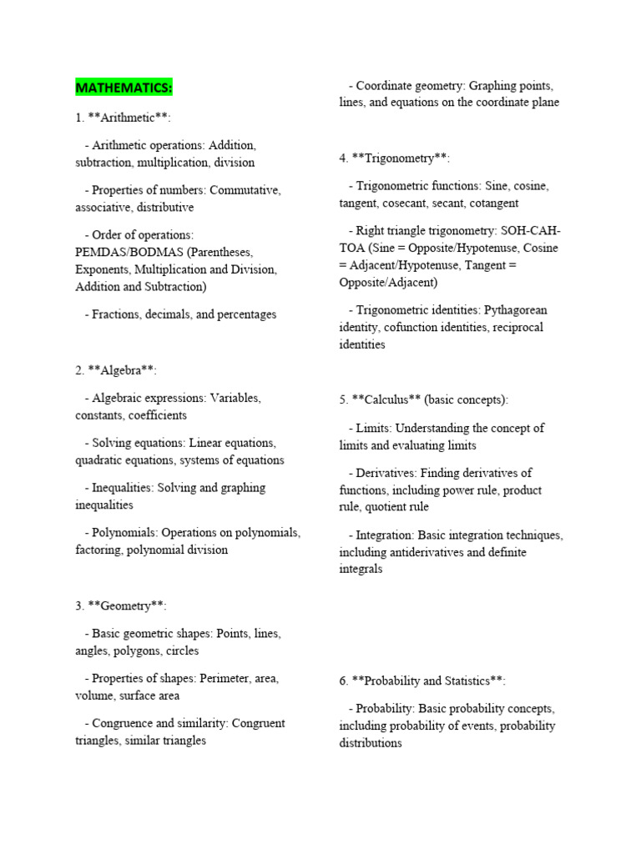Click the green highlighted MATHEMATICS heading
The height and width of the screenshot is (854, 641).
point(124,87)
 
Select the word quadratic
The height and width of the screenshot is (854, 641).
point(103,460)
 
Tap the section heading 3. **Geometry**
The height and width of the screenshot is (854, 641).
point(127,605)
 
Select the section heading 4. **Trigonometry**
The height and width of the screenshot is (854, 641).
point(395,158)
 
